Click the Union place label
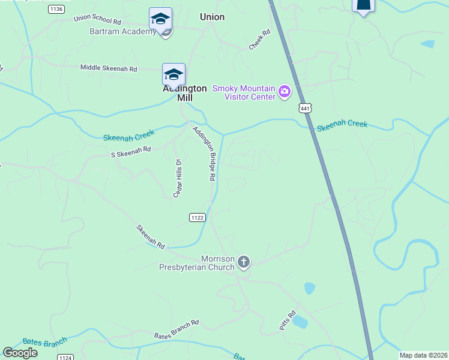[212, 17]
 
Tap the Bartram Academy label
[122, 31]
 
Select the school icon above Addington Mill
[173, 74]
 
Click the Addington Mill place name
[185, 93]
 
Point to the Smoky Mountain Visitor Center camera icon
[285, 92]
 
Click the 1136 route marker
[57, 8]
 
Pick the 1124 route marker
[65, 357]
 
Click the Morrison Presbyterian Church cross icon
[243, 262]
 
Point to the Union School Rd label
[97, 19]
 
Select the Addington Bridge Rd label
[204, 153]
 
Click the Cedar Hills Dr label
[178, 177]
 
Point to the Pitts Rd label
[288, 319]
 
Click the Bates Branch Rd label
[176, 329]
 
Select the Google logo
[20, 353]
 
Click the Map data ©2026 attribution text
[423, 355]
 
